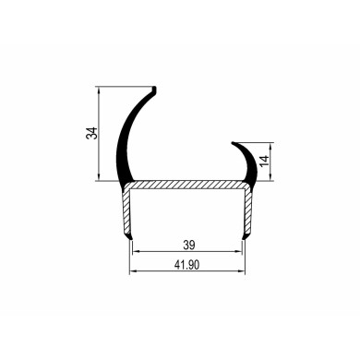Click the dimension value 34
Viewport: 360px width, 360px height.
click(x=90, y=135)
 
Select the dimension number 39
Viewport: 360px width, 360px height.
click(x=187, y=246)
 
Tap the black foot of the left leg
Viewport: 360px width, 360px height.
click(x=128, y=238)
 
